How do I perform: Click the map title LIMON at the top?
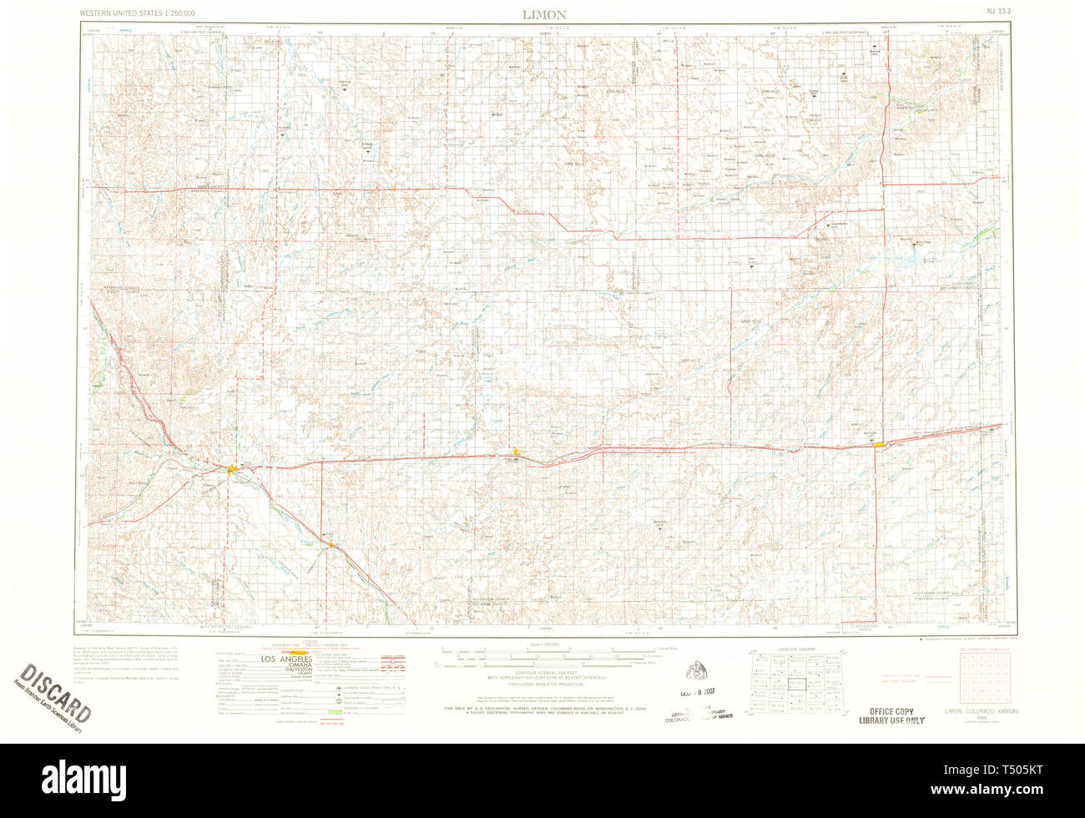click(x=544, y=14)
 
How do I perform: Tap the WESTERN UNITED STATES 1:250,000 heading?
click(x=138, y=14)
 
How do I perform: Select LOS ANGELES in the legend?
click(x=290, y=659)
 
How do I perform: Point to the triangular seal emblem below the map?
click(x=696, y=670)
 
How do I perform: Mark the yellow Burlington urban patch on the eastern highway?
click(x=879, y=444)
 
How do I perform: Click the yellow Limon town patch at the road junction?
click(x=231, y=472)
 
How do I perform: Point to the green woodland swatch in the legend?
click(x=335, y=712)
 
